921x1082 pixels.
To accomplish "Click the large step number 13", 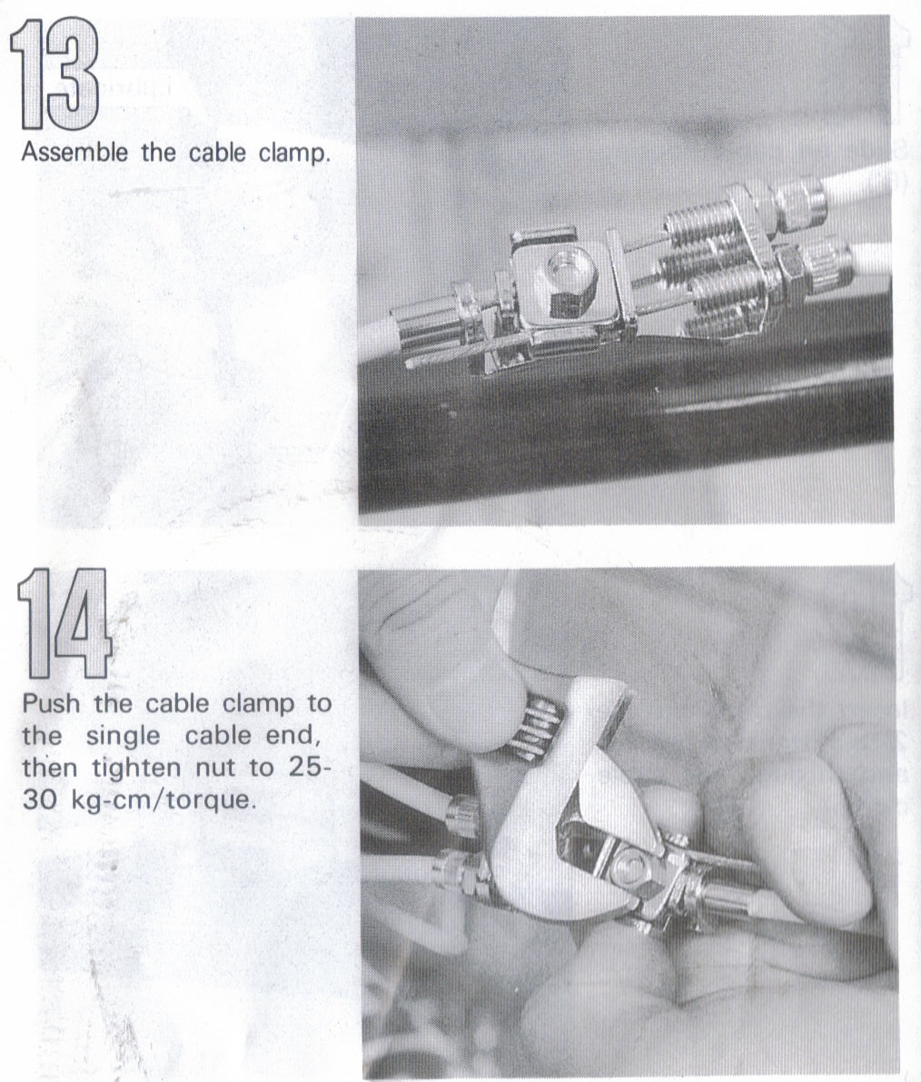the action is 54,74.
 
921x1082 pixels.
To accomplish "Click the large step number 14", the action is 64,624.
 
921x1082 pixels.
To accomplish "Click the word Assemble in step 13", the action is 74,152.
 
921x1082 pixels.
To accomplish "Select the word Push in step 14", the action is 51,704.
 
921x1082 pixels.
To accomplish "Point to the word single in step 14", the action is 123,737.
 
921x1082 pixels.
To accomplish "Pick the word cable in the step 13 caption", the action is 216,152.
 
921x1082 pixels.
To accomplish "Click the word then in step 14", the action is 50,768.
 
